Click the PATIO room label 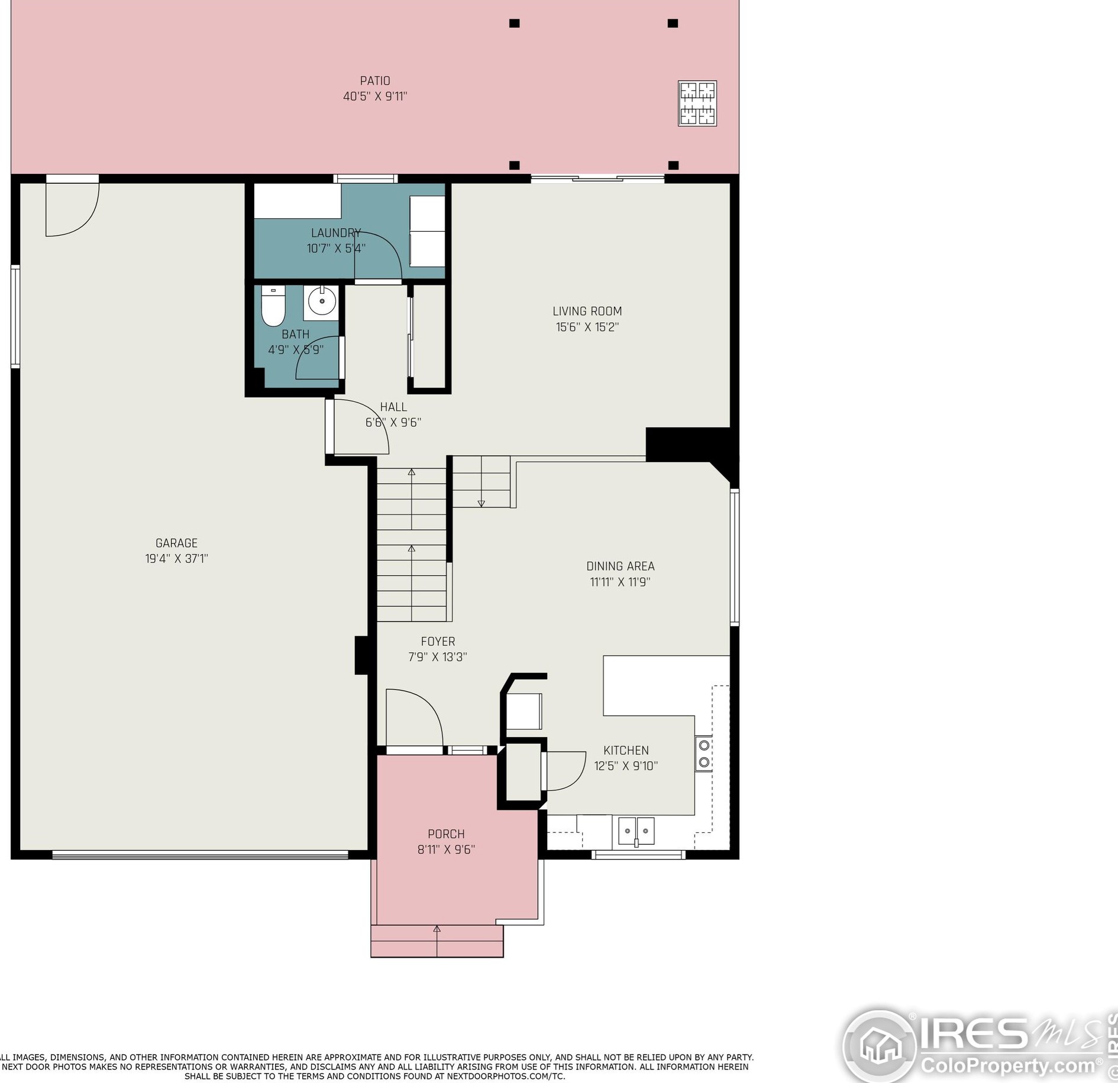point(375,81)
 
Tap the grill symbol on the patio point(697,103)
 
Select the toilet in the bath point(273,306)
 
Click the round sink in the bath point(322,302)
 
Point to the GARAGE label point(176,543)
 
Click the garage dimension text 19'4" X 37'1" point(176,559)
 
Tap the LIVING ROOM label point(587,311)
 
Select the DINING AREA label point(620,566)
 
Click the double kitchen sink point(636,831)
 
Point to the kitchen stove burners point(704,754)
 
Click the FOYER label point(438,641)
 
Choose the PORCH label point(446,834)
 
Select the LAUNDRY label point(335,233)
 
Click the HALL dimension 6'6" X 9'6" point(393,423)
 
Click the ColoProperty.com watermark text point(1008,1066)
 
